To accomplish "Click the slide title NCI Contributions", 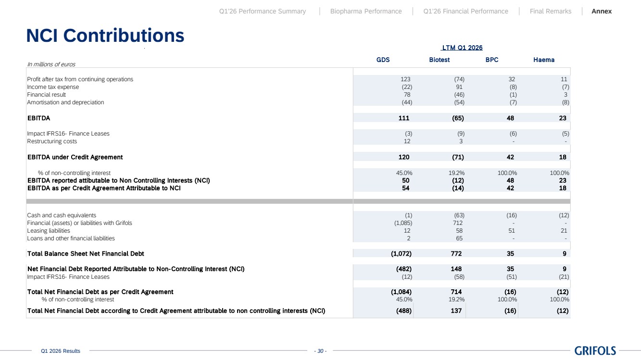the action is pyautogui.click(x=105, y=36).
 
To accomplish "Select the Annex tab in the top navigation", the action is pyautogui.click(x=602, y=11).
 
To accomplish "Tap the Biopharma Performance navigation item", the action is pyautogui.click(x=366, y=11).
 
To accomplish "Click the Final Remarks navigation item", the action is pyautogui.click(x=550, y=11).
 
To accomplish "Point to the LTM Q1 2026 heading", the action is pyautogui.click(x=462, y=48).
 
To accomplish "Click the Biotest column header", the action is pyautogui.click(x=439, y=60).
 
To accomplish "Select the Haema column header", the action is pyautogui.click(x=544, y=60).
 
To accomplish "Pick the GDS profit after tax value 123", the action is pyautogui.click(x=405, y=79).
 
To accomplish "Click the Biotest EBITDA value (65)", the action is pyautogui.click(x=458, y=118).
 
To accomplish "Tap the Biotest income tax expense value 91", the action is pyautogui.click(x=459, y=87).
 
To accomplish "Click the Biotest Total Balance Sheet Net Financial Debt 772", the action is pyautogui.click(x=456, y=254).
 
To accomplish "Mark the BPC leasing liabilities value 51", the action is pyautogui.click(x=511, y=231).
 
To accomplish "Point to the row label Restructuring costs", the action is pyautogui.click(x=52, y=141).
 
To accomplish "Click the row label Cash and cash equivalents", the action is pyautogui.click(x=62, y=215).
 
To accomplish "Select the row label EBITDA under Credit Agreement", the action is pyautogui.click(x=75, y=157).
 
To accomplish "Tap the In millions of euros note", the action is pyautogui.click(x=51, y=64).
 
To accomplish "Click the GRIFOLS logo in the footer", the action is pyautogui.click(x=595, y=350).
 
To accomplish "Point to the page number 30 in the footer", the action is pyautogui.click(x=320, y=351).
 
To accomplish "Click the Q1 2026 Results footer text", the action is pyautogui.click(x=61, y=351).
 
